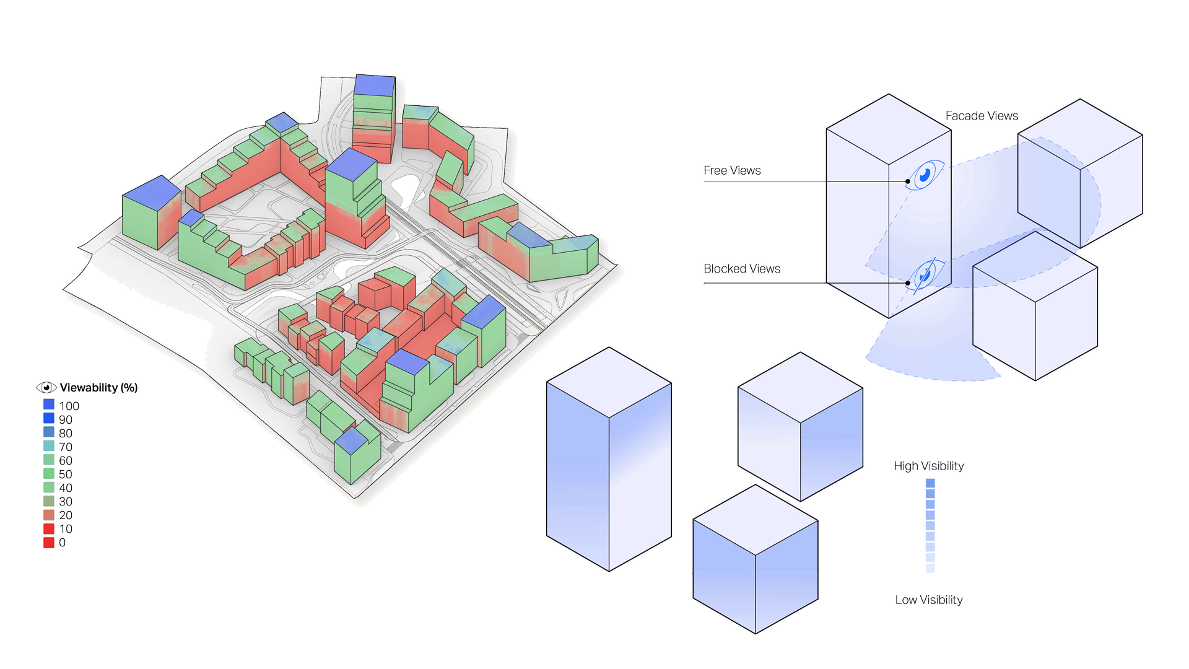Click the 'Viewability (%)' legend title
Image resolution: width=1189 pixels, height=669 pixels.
coord(98,388)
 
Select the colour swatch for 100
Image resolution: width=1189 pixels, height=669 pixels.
coord(49,404)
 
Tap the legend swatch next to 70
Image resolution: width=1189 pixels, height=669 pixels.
coord(49,446)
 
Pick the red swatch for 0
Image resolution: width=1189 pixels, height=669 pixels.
coord(49,543)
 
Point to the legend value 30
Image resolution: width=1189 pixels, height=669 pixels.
coord(66,502)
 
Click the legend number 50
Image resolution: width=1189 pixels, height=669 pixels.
coord(66,474)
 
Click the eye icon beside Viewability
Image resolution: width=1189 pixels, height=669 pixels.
coord(46,388)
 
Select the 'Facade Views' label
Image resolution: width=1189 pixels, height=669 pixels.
coord(982,116)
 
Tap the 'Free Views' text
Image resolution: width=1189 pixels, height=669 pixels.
coord(732,170)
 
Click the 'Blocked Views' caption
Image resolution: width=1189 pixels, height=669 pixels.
coord(742,269)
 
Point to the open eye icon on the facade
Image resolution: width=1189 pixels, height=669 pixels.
coord(926,175)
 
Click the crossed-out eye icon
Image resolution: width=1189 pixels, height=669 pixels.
coord(926,273)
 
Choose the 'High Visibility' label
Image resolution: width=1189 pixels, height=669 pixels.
coord(929,466)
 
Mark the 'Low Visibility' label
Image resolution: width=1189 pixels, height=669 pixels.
coord(929,600)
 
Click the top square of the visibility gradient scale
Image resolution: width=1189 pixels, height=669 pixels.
coord(930,483)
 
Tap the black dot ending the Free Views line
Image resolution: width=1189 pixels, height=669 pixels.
coord(908,181)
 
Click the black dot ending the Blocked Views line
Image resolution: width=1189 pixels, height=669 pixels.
coord(908,283)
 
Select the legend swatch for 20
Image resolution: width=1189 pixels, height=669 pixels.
coord(49,515)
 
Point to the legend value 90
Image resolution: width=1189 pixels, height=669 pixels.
coord(66,420)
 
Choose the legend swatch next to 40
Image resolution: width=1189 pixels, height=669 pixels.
coord(49,488)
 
